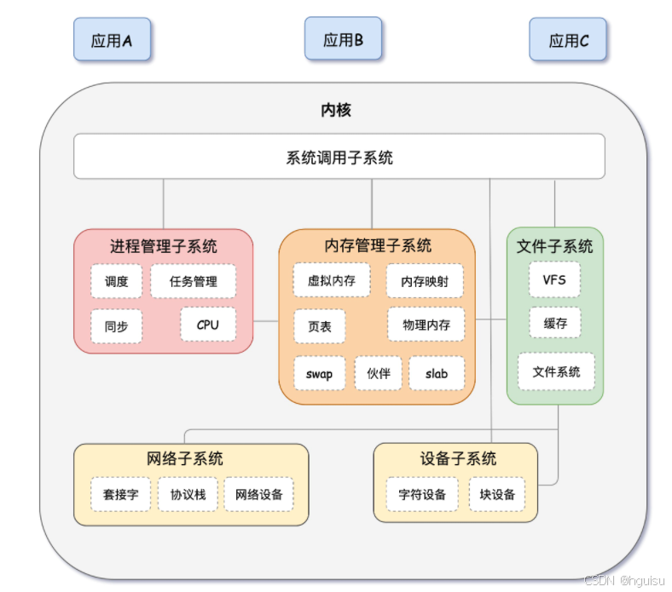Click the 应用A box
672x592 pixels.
[112, 40]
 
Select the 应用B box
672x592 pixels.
[343, 39]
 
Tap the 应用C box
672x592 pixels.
[569, 40]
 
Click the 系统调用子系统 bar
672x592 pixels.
[339, 157]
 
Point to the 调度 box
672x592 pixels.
[117, 281]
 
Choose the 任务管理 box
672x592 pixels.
[194, 281]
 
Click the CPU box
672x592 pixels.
[208, 325]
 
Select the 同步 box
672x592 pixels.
[117, 326]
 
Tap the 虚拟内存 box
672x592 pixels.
[331, 279]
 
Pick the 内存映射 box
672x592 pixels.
[426, 281]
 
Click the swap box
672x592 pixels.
[319, 373]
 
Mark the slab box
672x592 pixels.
[437, 373]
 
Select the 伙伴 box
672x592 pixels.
[378, 373]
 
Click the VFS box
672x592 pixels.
[554, 279]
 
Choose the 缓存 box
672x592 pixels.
[554, 324]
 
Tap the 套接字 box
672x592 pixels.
[121, 494]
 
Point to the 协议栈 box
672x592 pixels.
[188, 494]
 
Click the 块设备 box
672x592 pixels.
[497, 494]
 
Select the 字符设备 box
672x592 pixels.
[422, 494]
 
